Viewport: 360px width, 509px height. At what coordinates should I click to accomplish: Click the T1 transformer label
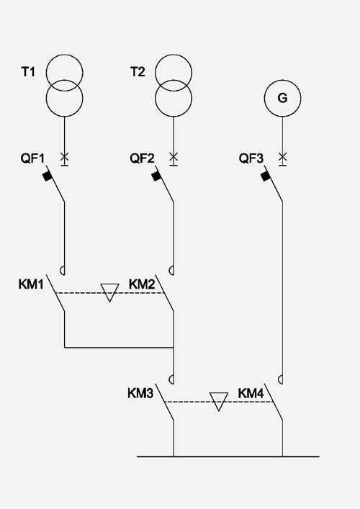28,72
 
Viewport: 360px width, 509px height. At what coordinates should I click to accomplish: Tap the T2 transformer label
138,72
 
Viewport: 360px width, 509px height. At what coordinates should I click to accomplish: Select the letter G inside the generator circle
282,98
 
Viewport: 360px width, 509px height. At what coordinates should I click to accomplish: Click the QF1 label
32,158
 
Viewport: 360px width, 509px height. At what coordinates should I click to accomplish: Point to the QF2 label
142,158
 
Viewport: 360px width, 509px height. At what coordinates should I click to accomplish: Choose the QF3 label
251,158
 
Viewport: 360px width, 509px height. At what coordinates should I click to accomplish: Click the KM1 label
30,284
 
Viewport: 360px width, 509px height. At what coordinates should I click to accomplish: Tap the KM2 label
142,284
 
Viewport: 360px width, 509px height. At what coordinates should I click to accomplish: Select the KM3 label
140,393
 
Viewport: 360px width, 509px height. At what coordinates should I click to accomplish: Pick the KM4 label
251,393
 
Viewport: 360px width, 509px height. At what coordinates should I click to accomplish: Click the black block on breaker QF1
48,176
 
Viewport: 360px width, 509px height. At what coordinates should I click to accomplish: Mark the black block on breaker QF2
157,176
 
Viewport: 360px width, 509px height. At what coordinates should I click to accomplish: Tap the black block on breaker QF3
266,176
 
